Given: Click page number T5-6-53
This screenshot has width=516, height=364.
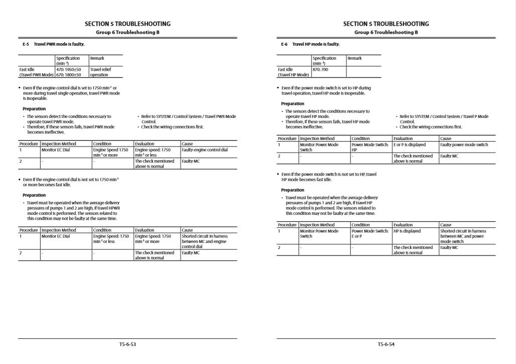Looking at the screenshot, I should (127, 345).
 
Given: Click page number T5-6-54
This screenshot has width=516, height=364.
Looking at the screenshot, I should (386, 345).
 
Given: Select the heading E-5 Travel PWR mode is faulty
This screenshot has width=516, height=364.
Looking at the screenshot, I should (53, 44).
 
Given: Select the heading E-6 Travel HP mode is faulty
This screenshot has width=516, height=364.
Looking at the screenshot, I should (310, 44).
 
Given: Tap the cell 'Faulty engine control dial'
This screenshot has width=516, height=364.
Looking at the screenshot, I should (204, 150).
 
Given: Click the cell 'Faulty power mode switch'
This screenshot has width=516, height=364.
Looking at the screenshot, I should (464, 145).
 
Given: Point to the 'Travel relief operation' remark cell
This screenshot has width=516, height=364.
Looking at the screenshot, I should (99, 72).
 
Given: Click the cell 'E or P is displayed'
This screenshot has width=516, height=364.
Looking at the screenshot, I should (410, 145).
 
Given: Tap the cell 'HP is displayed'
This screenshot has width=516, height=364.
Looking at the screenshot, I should (407, 231).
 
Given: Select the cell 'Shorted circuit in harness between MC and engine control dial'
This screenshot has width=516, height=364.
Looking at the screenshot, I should (204, 241).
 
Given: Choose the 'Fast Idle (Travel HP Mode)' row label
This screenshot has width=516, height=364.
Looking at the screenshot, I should (293, 72).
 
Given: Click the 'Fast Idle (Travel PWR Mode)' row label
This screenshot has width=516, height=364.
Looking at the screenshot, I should (36, 72).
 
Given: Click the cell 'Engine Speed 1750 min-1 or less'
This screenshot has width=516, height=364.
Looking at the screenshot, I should (110, 238).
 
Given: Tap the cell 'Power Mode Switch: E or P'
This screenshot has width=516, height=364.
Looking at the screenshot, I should (370, 233).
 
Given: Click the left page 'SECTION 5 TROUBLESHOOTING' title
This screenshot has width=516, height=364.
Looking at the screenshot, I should (127, 24).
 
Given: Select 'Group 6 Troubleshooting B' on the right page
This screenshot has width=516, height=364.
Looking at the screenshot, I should (386, 33).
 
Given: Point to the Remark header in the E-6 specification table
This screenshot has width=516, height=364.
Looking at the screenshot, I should (354, 58).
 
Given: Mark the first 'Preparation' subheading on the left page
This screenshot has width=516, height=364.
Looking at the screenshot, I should (34, 108).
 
